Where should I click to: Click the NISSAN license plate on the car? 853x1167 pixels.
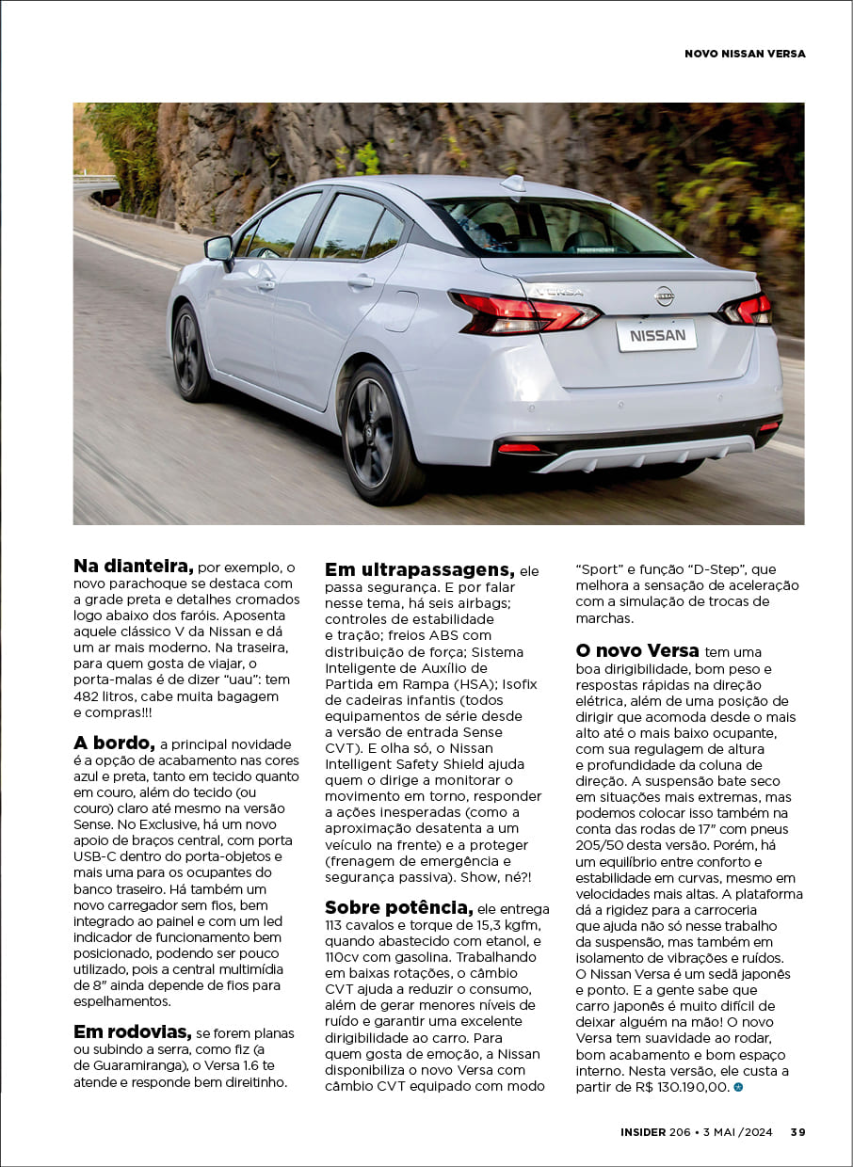[656, 335]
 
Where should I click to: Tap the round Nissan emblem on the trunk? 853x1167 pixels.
[664, 296]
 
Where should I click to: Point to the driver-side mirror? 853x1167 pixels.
[219, 249]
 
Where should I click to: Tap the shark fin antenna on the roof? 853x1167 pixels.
[514, 183]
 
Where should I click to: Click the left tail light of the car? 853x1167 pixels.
[523, 313]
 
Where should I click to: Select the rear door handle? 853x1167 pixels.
[361, 281]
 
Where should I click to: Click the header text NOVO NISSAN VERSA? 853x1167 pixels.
[745, 54]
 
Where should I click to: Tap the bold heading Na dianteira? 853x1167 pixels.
[133, 567]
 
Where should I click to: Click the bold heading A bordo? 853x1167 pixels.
[113, 743]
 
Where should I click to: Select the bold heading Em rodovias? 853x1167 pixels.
[132, 1031]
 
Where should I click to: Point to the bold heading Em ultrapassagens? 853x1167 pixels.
[419, 569]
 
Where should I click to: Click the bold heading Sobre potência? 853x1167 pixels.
[398, 907]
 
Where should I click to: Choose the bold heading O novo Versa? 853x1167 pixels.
[636, 650]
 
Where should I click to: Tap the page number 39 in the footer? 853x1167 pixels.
[797, 1132]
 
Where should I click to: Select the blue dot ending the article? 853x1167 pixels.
[738, 1087]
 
